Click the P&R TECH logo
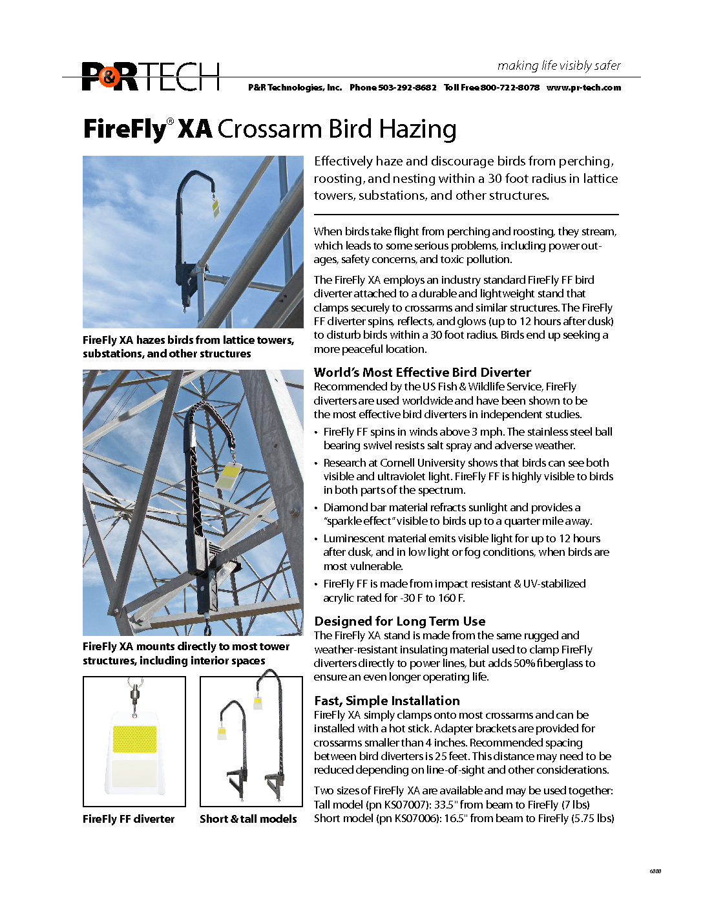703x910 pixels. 151,76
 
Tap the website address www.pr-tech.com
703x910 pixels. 583,88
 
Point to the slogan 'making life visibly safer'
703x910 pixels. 559,65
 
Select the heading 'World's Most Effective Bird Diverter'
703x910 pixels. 423,372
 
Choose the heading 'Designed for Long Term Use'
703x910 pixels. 400,621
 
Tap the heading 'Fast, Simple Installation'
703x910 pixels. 387,701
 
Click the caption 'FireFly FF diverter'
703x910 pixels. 129,819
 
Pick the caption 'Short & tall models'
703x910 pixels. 248,819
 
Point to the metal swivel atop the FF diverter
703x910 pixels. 134,694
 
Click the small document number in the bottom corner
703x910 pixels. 655,871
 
